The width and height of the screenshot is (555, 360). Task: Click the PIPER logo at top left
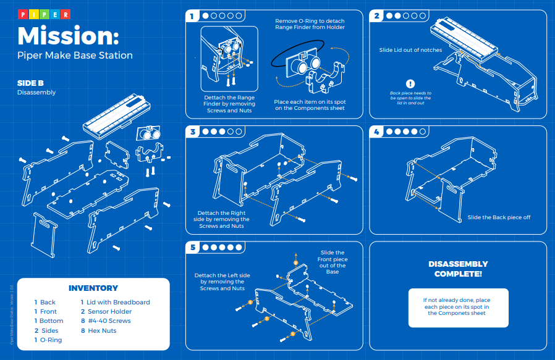click(43, 14)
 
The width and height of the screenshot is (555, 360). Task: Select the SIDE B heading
click(30, 83)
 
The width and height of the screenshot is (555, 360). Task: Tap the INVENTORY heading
click(93, 288)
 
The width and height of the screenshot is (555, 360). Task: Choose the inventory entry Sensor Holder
click(109, 311)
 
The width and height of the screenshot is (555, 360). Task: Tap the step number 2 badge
click(376, 16)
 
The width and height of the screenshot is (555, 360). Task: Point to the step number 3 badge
click(193, 132)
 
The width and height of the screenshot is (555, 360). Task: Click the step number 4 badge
click(376, 132)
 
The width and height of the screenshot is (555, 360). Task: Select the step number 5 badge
click(193, 247)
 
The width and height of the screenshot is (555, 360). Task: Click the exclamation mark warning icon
click(410, 84)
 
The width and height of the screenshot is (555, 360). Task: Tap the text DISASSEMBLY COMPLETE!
click(458, 269)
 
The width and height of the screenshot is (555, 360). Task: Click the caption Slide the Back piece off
click(499, 217)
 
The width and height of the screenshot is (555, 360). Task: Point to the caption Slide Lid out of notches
click(410, 50)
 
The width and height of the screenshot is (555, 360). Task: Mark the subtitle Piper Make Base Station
click(75, 56)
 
